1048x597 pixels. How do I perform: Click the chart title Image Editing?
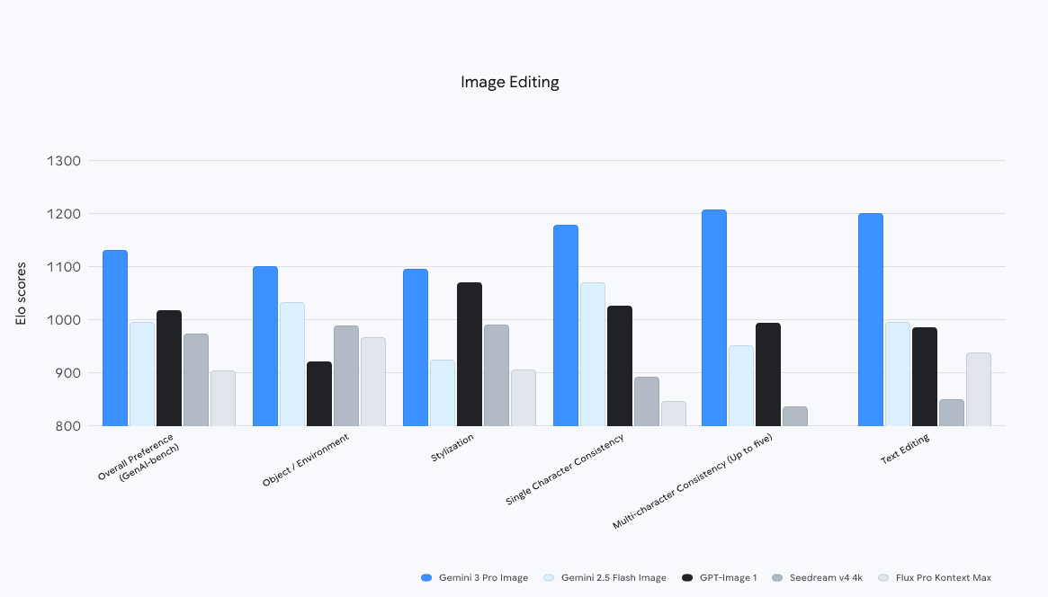coord(509,82)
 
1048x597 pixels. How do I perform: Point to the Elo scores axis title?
coord(22,293)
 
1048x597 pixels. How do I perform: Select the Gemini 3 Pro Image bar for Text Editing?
coord(870,319)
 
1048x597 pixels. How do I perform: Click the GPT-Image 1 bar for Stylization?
coord(470,354)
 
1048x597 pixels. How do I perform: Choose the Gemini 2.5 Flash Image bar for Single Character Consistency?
coord(593,354)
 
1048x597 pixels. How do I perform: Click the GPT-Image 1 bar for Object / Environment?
coord(319,394)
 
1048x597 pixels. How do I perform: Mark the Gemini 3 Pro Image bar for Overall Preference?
coord(115,338)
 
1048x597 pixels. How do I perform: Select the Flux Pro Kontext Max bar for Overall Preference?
coord(222,398)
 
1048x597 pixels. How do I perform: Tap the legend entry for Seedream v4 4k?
coord(818,577)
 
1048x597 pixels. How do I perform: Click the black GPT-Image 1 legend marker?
coord(688,577)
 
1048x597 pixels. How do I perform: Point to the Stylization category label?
coord(452,447)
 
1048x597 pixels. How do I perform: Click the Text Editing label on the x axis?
coord(904,450)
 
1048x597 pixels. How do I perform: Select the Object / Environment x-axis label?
coord(305,460)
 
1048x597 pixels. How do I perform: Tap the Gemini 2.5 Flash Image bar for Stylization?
coord(443,393)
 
